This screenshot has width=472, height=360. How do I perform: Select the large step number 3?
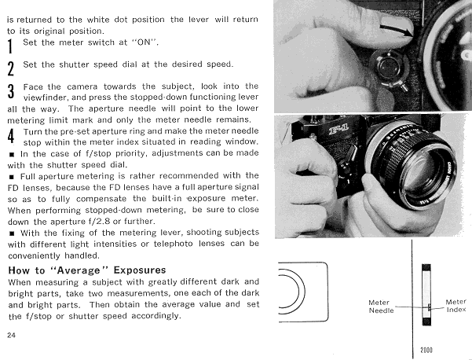11,91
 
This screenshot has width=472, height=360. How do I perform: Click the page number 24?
10,334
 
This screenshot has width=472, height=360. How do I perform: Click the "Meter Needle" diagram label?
381,307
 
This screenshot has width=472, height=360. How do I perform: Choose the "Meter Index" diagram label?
456,306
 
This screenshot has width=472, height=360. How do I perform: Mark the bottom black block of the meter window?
427,330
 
